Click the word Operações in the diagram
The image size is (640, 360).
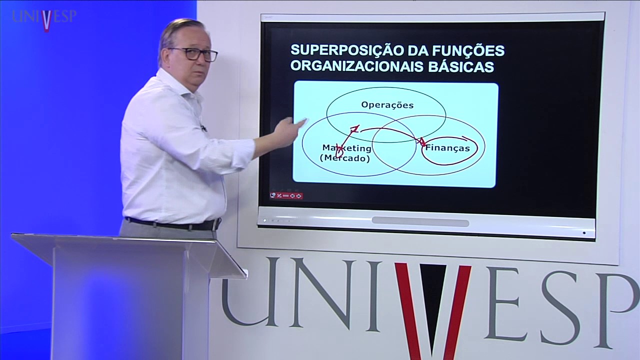click(387, 105)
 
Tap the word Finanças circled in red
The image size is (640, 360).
click(447, 148)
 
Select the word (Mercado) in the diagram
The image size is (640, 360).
click(345, 158)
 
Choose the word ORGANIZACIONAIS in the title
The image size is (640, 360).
click(357, 66)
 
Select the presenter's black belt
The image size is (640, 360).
click(172, 224)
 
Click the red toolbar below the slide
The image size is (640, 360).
click(286, 195)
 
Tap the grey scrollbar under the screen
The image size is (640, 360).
click(420, 221)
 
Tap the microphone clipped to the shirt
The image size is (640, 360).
click(203, 128)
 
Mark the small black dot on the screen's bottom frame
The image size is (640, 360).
click(584, 232)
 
